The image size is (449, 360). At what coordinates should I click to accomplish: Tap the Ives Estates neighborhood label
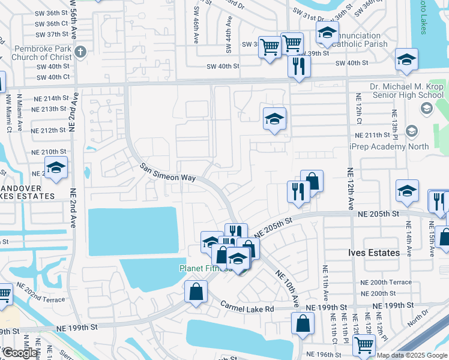pyautogui.click(x=374, y=253)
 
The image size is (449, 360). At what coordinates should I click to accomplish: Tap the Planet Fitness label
pyautogui.click(x=204, y=268)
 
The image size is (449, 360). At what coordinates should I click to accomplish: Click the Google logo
pyautogui.click(x=19, y=353)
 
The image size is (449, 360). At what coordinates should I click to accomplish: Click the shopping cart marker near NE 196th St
pyautogui.click(x=364, y=345)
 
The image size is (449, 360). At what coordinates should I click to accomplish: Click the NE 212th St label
pyautogui.click(x=49, y=130)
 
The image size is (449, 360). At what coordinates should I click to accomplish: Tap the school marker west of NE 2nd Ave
pyautogui.click(x=56, y=167)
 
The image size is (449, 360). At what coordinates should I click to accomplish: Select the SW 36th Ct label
pyautogui.click(x=53, y=23)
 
